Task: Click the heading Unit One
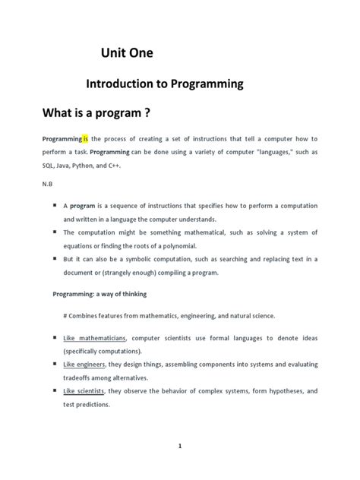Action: click(127, 54)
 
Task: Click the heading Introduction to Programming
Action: click(163, 84)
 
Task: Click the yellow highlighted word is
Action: click(86, 139)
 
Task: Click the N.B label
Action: click(47, 183)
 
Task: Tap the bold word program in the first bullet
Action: click(84, 205)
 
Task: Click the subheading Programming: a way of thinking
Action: click(99, 293)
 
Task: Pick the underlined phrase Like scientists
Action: click(82, 391)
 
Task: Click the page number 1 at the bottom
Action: click(180, 447)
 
